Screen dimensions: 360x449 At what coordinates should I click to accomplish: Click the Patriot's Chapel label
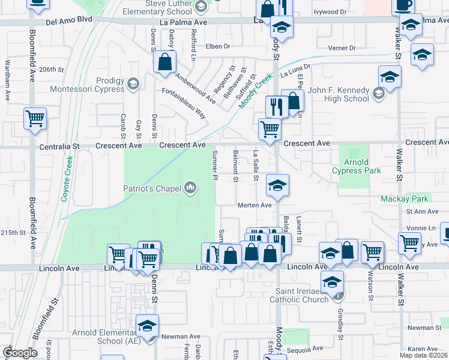(x=152, y=188)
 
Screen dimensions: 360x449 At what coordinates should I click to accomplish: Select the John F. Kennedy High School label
(x=339, y=95)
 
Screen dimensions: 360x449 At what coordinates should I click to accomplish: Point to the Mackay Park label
(x=398, y=199)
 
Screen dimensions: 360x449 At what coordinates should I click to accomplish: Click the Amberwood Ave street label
(x=195, y=85)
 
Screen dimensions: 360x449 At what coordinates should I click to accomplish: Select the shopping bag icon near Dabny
(x=164, y=62)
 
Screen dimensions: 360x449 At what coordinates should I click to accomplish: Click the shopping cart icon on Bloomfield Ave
(x=35, y=118)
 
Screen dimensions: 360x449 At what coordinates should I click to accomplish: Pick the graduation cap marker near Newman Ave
(x=146, y=325)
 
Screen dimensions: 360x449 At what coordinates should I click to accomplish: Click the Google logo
(x=20, y=353)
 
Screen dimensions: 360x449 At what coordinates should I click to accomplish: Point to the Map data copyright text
(x=423, y=355)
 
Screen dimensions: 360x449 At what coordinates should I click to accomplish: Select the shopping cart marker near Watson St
(x=373, y=251)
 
